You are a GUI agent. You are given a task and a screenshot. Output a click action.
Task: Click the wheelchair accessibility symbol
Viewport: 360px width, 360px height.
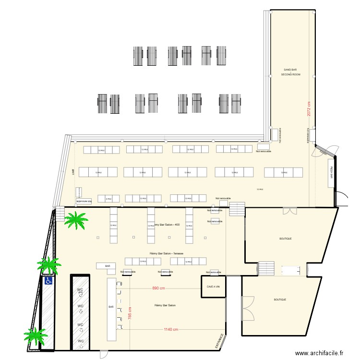tap(48, 281)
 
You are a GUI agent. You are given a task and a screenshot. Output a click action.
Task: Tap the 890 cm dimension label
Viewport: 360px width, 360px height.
tap(159, 288)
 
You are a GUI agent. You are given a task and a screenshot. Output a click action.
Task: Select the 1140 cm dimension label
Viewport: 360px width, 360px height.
tap(171, 329)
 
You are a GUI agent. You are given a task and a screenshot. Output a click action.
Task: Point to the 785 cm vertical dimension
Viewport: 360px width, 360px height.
tap(130, 316)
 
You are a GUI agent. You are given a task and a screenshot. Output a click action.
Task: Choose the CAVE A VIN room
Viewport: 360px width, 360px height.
tap(213, 287)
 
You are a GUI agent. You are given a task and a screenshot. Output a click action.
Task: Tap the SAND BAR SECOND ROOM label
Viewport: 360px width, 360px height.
tap(290, 72)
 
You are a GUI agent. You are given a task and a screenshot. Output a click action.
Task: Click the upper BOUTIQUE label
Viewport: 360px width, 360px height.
tap(286, 238)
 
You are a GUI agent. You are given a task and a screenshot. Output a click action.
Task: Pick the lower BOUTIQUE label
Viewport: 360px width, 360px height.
tap(280, 300)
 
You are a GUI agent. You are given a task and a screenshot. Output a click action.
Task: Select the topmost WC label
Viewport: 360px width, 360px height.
tap(81, 289)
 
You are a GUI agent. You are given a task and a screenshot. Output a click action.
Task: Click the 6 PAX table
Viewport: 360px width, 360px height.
tap(108, 198)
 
